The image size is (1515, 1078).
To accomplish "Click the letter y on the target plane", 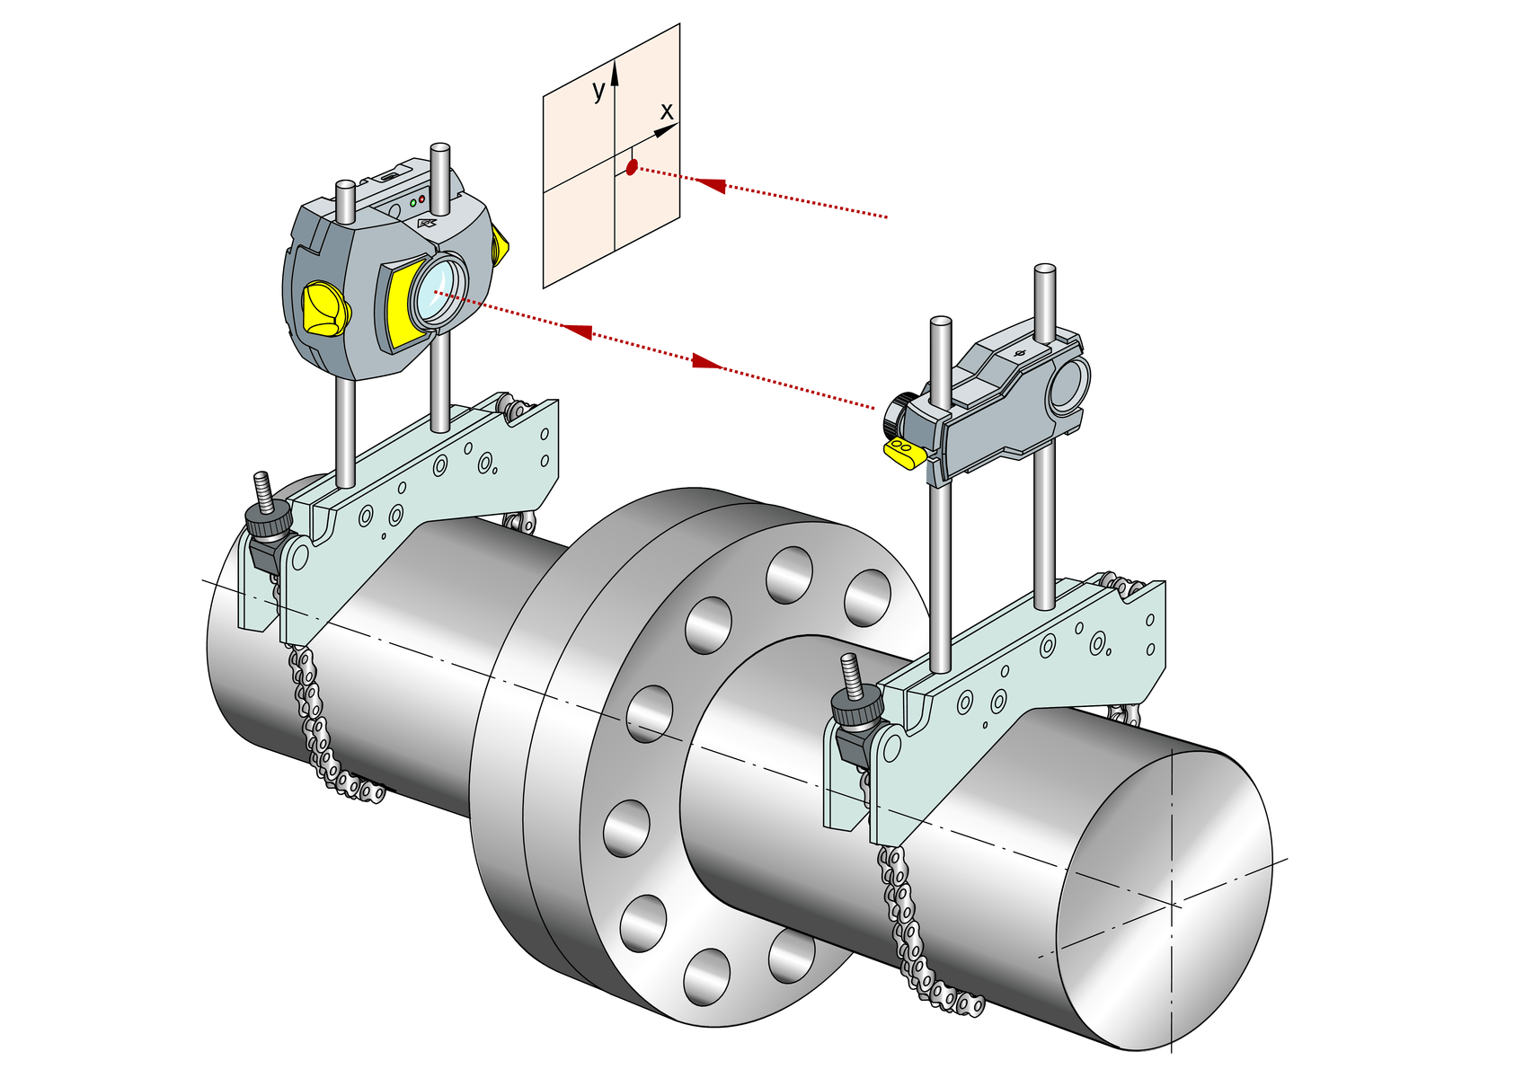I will point(598,90).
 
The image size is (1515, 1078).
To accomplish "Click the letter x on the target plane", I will point(666,111).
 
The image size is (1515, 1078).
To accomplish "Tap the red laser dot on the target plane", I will point(632,167).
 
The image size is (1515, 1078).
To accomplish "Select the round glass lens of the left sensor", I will point(438,288).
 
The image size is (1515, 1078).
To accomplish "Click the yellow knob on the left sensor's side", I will point(324,308).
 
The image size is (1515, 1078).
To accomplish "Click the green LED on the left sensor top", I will point(412,203).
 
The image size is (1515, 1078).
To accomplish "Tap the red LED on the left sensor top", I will point(421,199).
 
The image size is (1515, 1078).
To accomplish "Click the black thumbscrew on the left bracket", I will point(268,519).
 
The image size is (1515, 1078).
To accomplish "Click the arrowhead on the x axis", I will point(666,131).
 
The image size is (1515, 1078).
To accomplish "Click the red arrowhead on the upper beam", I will point(711,185).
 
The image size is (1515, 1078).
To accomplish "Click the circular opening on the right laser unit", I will point(1068,384).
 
